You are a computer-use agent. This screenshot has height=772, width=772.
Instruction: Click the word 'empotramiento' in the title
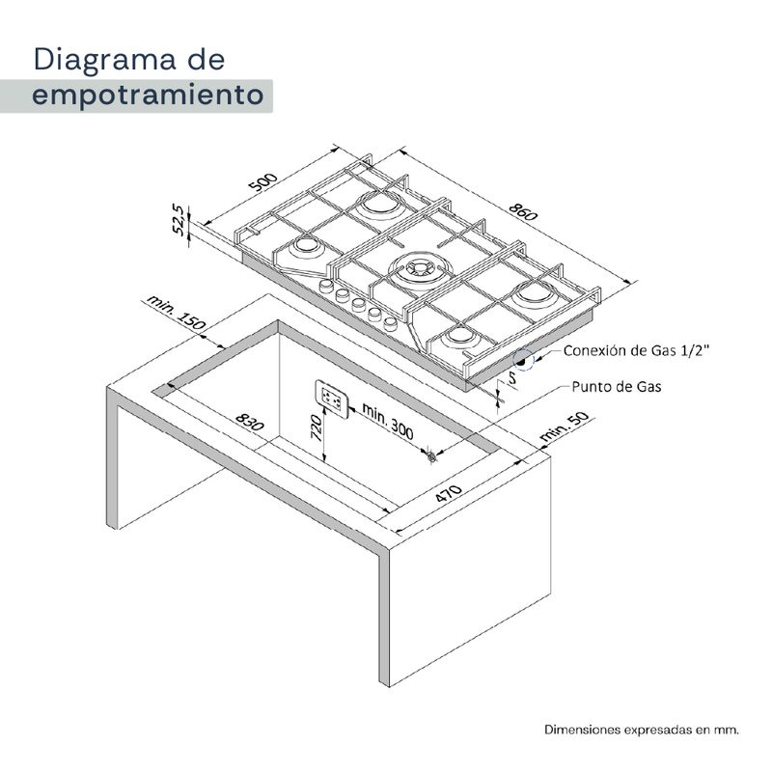(x=148, y=95)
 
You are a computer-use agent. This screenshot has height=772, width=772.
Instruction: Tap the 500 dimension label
(x=263, y=181)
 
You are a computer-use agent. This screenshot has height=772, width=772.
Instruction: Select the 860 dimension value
(x=523, y=211)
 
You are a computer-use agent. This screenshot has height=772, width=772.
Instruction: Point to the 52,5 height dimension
(x=180, y=220)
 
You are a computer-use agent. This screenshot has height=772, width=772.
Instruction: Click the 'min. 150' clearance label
(x=176, y=313)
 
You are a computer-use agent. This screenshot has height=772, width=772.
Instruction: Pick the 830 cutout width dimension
(x=250, y=422)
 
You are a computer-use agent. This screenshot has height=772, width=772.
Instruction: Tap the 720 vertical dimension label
(x=316, y=427)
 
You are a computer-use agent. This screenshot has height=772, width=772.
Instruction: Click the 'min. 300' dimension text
(x=388, y=421)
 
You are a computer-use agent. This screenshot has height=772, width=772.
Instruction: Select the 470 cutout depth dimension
(x=449, y=493)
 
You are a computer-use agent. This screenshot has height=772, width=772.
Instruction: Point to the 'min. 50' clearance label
(x=564, y=426)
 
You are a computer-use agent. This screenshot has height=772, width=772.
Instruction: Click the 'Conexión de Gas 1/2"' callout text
(x=636, y=350)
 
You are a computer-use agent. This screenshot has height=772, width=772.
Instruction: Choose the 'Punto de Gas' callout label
(x=616, y=387)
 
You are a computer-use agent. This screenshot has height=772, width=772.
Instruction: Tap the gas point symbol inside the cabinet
(x=431, y=456)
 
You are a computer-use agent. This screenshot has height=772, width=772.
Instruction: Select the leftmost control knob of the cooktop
(x=326, y=286)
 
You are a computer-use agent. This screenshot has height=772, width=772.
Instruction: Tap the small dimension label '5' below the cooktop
(x=512, y=378)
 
